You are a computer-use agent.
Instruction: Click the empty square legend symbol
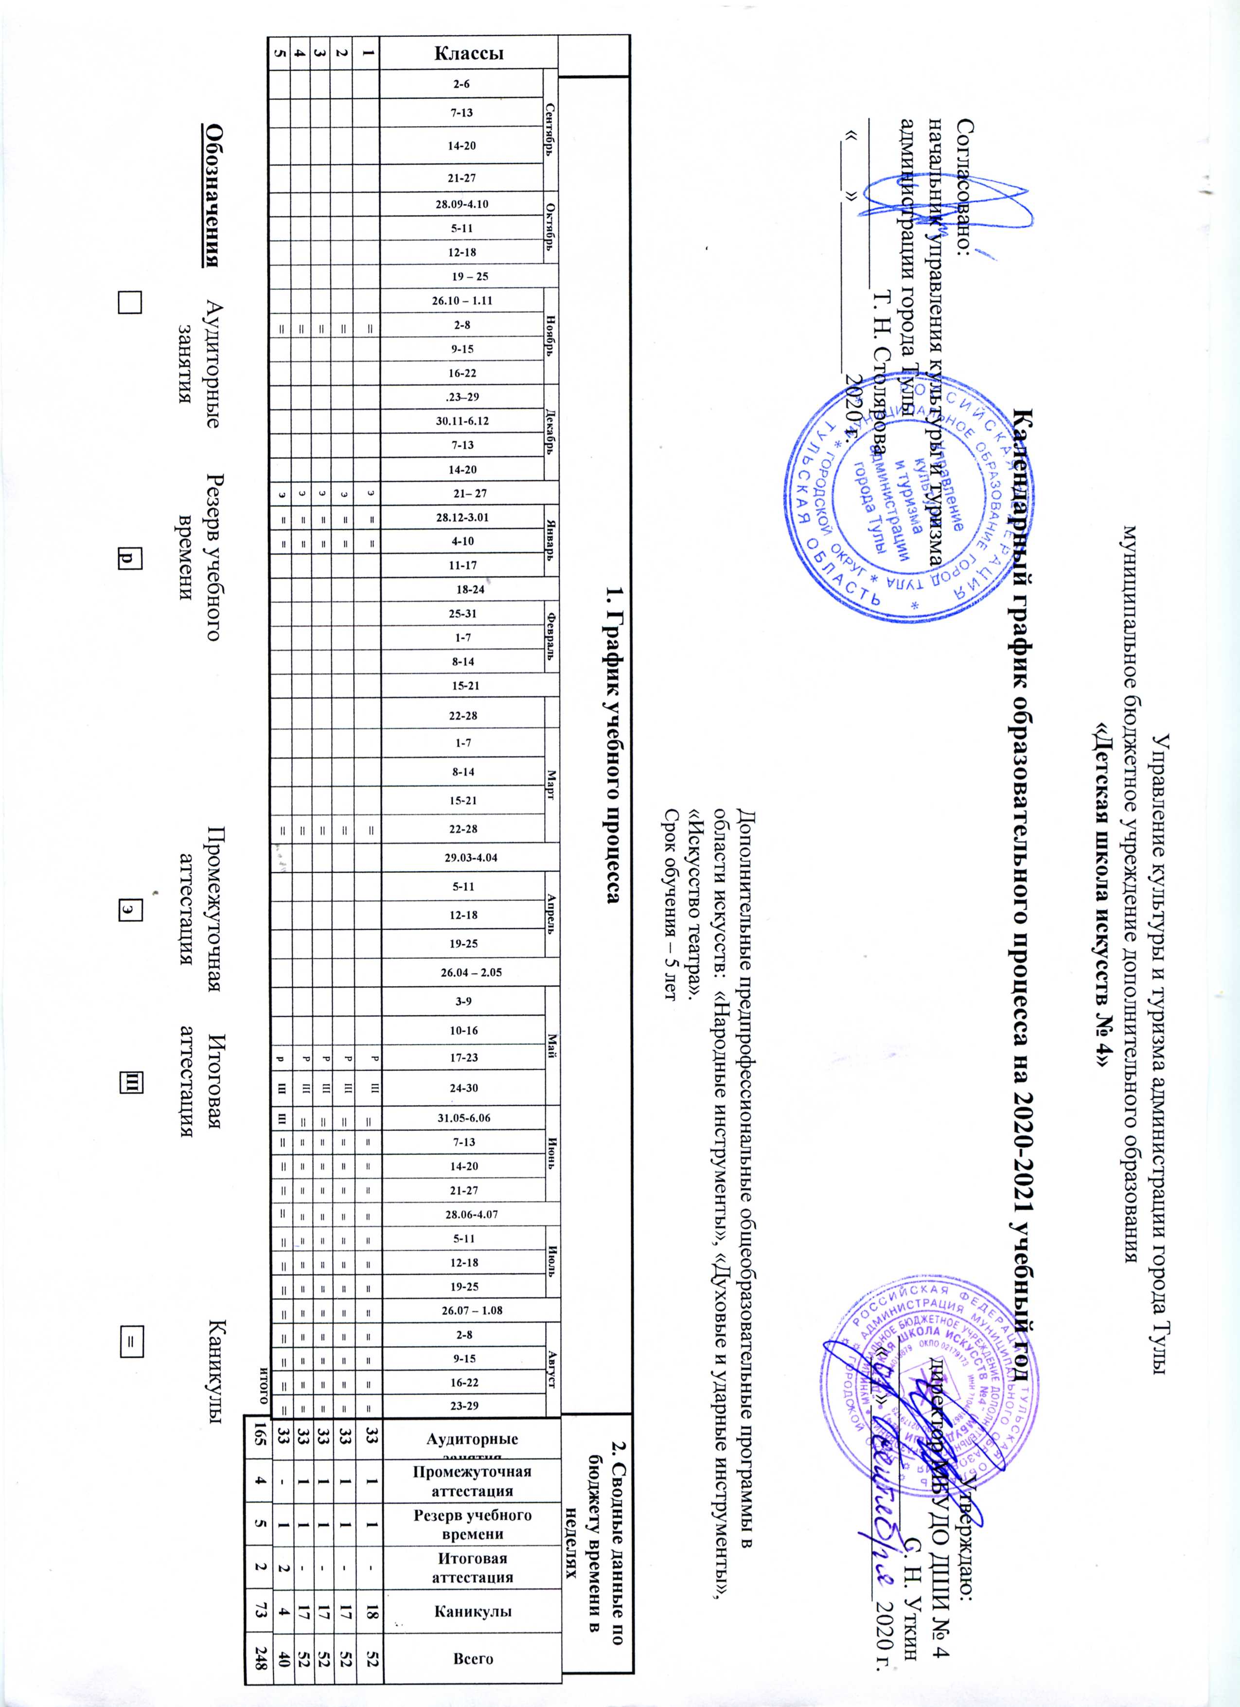point(129,301)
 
